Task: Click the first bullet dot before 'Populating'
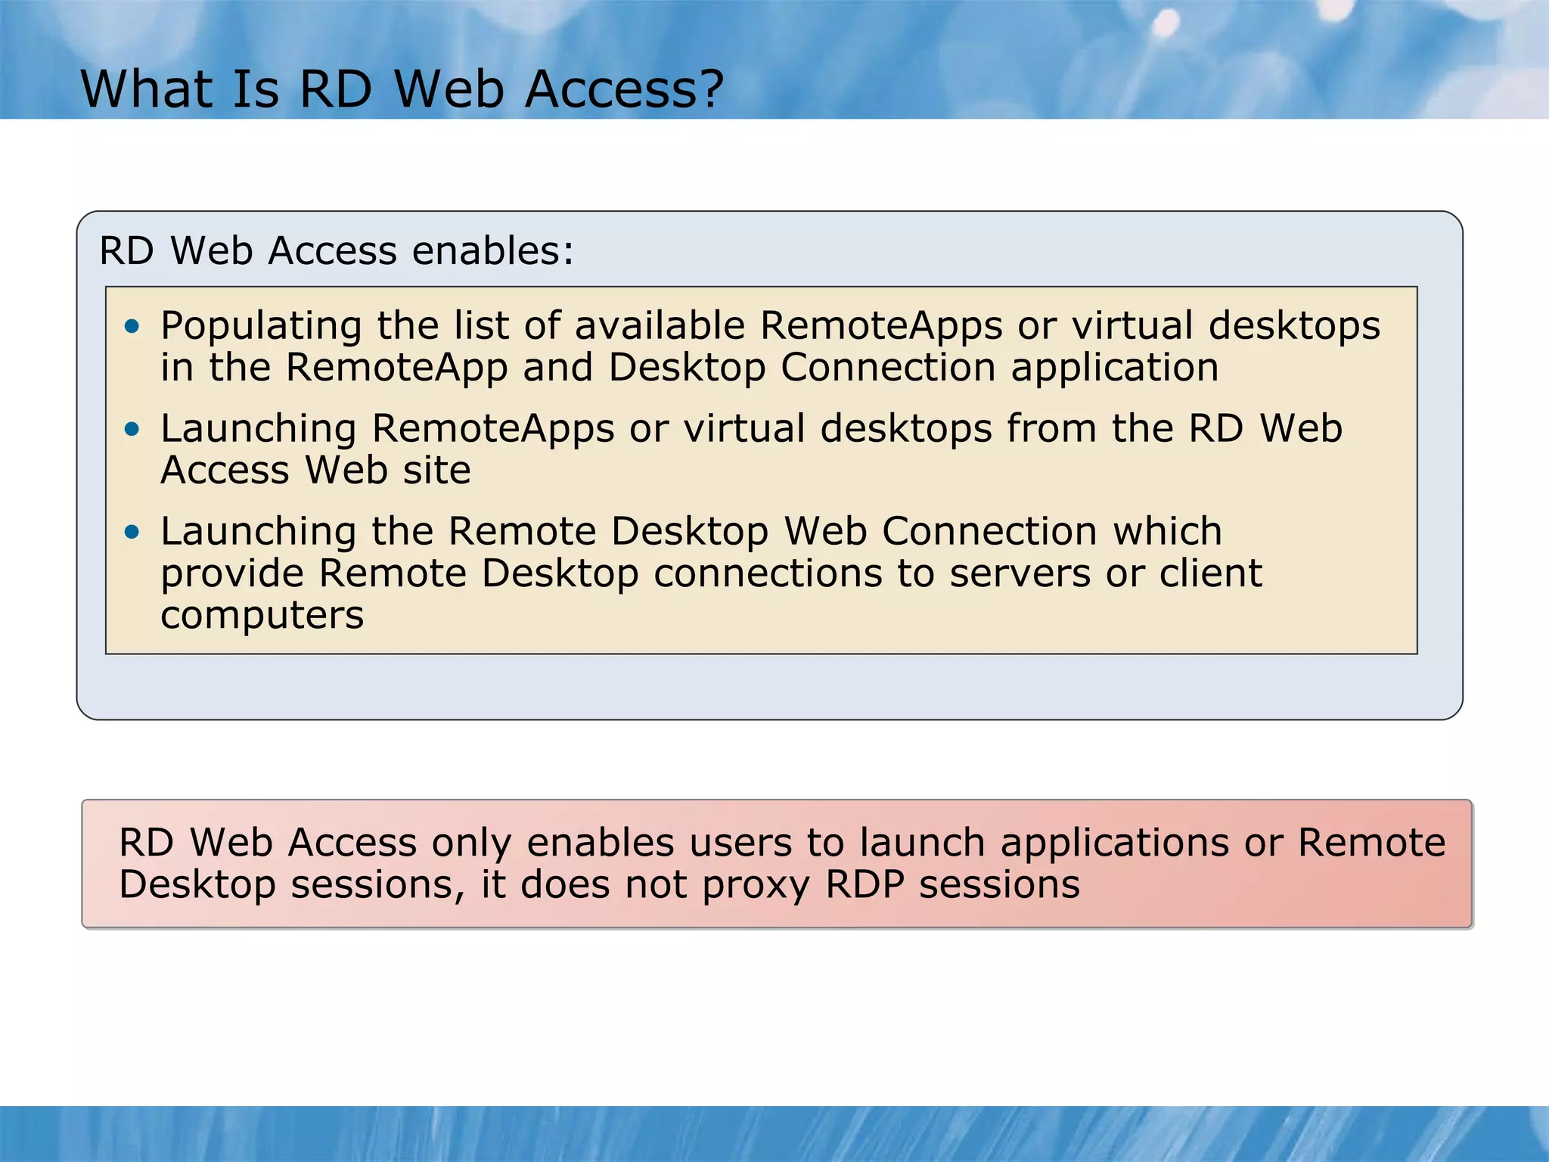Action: (133, 327)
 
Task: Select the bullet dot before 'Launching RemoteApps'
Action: (133, 430)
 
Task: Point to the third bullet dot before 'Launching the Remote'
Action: (133, 533)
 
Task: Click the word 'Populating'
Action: (261, 327)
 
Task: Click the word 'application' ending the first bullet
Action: (1115, 368)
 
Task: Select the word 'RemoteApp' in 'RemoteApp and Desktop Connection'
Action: (396, 368)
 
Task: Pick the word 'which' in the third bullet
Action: (1167, 531)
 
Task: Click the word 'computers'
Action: (262, 614)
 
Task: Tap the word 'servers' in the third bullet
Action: (1020, 573)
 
